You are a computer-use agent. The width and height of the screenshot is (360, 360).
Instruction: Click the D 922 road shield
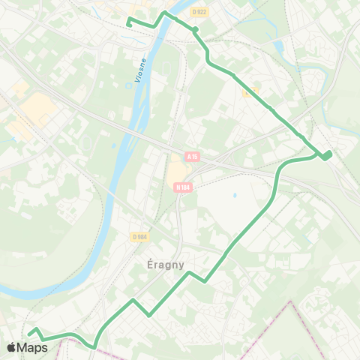click(x=199, y=11)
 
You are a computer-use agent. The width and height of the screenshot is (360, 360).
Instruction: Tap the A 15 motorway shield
click(x=193, y=157)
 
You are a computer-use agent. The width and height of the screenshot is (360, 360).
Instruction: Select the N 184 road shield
click(x=181, y=187)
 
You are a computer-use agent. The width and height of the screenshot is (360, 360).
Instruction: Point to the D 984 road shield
click(x=139, y=238)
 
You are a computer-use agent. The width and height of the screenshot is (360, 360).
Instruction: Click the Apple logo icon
click(x=12, y=347)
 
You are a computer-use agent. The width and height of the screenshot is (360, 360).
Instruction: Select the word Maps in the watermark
click(x=32, y=347)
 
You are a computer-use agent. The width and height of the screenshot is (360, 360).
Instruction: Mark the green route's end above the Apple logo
click(x=29, y=332)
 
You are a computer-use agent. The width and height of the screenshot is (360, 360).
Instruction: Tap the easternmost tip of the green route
click(x=330, y=154)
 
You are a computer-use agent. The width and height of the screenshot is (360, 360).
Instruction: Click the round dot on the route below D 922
click(x=194, y=30)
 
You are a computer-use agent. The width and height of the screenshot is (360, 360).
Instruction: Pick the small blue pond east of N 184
click(x=235, y=195)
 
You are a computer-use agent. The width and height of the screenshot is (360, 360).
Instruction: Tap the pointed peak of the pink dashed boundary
click(x=290, y=302)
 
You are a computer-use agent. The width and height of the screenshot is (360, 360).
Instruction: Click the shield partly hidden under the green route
click(x=255, y=91)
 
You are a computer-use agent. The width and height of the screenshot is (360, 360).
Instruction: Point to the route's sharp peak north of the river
click(x=164, y=13)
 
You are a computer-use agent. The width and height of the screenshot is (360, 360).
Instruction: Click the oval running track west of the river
click(x=88, y=142)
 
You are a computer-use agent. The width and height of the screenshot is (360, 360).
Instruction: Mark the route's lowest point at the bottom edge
click(x=94, y=347)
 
